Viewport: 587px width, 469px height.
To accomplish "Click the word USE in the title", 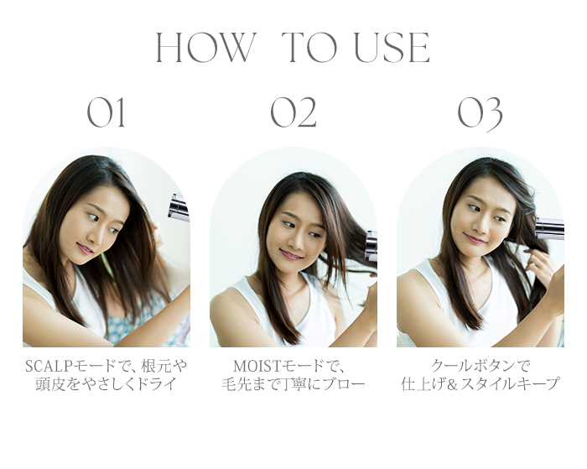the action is tap(392, 48).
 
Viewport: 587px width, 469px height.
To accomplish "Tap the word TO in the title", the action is tap(309, 48).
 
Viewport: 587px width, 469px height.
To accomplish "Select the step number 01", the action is tap(106, 113).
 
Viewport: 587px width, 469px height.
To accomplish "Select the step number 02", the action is tap(293, 113).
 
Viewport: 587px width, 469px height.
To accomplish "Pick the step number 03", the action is tap(480, 114).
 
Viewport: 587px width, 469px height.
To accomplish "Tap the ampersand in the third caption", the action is tap(453, 385).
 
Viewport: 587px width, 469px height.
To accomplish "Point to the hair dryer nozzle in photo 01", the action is tap(179, 207).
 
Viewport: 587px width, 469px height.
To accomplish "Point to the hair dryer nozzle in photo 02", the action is tap(371, 246).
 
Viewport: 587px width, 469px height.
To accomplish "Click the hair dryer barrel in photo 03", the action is tap(549, 228).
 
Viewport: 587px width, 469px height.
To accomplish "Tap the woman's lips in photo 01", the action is tap(85, 248).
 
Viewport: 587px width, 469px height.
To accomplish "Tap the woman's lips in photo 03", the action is tap(474, 238).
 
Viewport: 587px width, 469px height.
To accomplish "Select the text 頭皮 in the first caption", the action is tap(50, 385).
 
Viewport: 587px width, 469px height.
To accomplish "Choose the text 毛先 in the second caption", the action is tap(236, 385).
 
